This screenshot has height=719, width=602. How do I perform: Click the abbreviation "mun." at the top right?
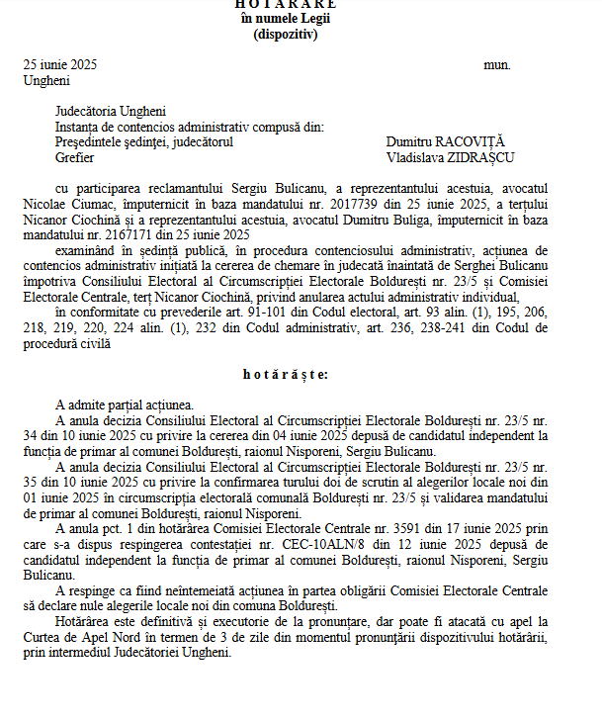pos(497,64)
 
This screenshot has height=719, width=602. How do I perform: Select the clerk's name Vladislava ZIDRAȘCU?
pos(450,156)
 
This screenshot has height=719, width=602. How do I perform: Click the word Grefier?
pos(75,156)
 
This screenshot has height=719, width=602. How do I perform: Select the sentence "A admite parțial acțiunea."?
pos(126,405)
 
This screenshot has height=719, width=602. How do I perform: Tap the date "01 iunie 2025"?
pos(63,497)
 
